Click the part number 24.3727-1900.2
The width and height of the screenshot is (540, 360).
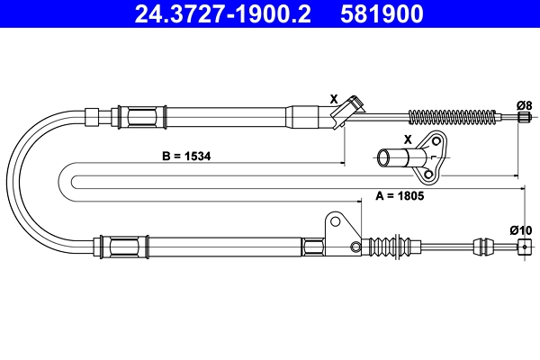click(223, 13)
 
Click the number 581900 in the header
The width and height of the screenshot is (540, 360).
click(382, 13)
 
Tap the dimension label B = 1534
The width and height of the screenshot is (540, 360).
click(186, 156)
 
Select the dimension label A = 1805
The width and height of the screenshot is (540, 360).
click(400, 195)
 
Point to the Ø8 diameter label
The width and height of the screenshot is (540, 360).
click(525, 105)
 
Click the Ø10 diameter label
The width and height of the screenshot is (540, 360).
click(521, 229)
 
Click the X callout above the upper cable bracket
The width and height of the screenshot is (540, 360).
click(334, 99)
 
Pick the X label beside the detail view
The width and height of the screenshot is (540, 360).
click(408, 139)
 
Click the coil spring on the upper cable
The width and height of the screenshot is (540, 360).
click(453, 117)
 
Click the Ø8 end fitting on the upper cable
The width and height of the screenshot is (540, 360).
click(524, 117)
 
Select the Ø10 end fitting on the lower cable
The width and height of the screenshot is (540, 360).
click(525, 247)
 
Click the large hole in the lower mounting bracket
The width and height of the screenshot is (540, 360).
click(335, 221)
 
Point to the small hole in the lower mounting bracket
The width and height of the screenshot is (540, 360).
click(355, 247)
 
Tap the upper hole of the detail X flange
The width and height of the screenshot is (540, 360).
click(436, 141)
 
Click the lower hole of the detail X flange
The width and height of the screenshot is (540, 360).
click(428, 174)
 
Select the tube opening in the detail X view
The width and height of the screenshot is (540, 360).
click(383, 157)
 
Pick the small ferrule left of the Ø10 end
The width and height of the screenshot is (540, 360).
click(480, 247)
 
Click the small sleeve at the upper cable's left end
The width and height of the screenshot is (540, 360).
click(92, 117)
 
